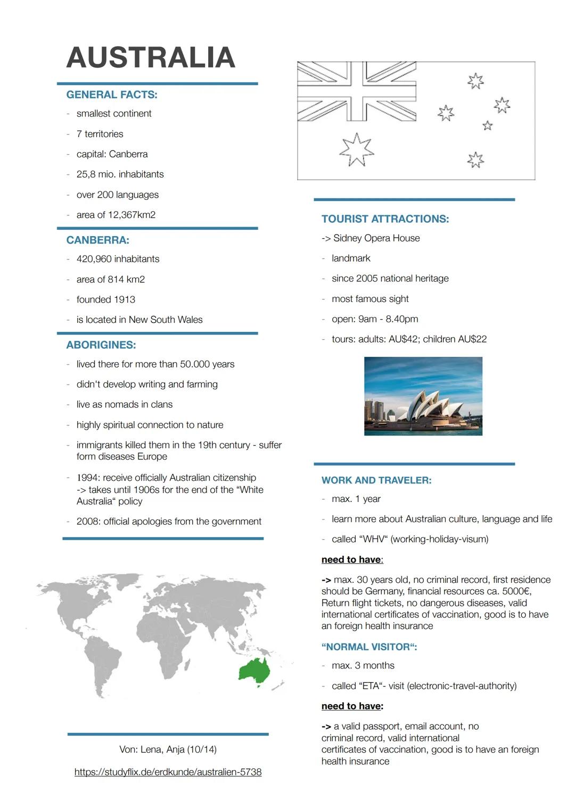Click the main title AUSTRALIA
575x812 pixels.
pyautogui.click(x=151, y=57)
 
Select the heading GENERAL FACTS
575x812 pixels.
pyautogui.click(x=112, y=95)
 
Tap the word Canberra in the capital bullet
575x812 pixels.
pyautogui.click(x=128, y=154)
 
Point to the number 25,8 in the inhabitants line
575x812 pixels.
pyautogui.click(x=86, y=174)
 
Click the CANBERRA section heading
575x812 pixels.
pyautogui.click(x=98, y=240)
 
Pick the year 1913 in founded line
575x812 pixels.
pyautogui.click(x=124, y=299)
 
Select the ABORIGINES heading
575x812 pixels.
pyautogui.click(x=101, y=345)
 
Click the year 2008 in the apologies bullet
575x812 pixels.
pyautogui.click(x=87, y=522)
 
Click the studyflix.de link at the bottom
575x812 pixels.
pyautogui.click(x=168, y=772)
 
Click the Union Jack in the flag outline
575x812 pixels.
pyautogui.click(x=357, y=91)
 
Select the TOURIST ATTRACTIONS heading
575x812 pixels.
pyautogui.click(x=385, y=219)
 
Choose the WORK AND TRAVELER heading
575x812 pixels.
pyautogui.click(x=376, y=480)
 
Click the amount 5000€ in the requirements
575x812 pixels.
pyautogui.click(x=516, y=591)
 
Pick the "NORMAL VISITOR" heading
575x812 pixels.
pyautogui.click(x=369, y=647)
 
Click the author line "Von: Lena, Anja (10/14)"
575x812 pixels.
pyautogui.click(x=168, y=749)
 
